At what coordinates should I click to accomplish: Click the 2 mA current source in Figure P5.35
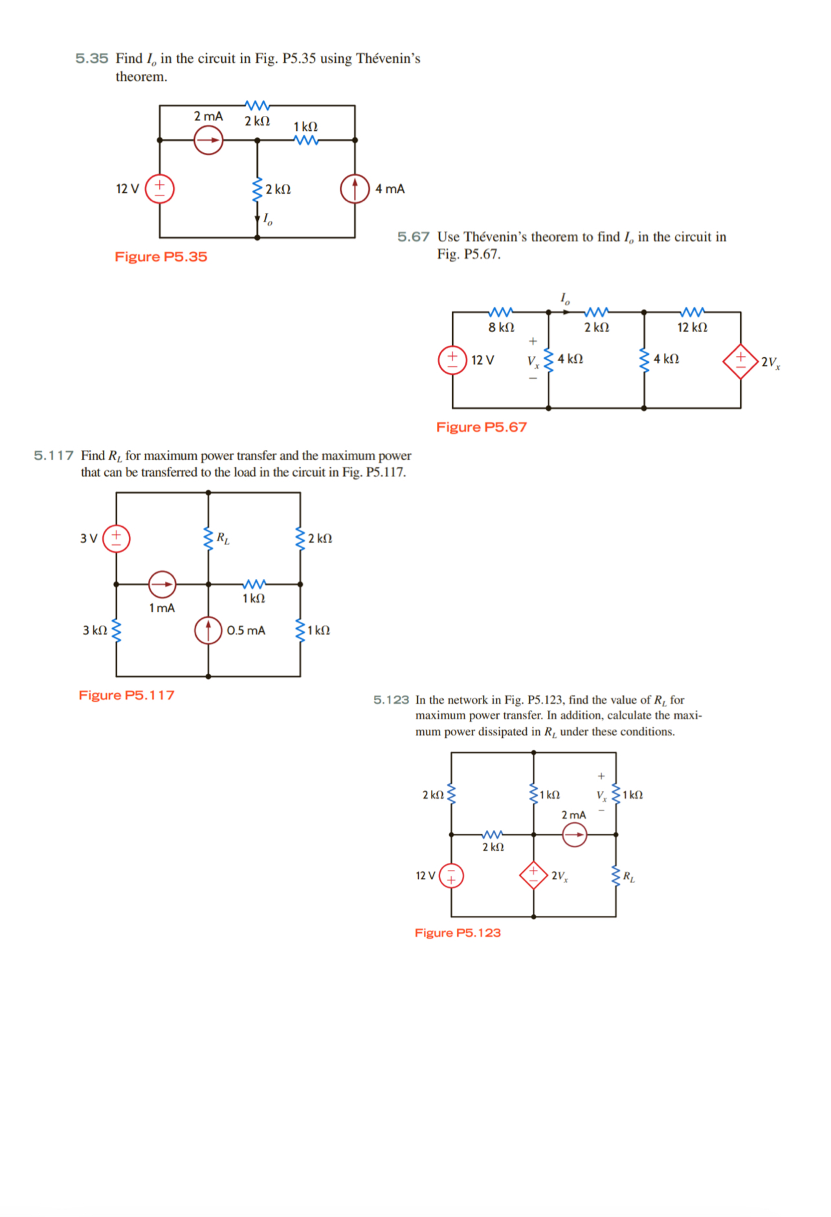[x=208, y=140]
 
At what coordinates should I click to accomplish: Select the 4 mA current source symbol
[x=355, y=188]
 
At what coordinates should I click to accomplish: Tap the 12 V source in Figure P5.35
[x=160, y=188]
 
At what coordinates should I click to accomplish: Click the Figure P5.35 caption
[x=161, y=257]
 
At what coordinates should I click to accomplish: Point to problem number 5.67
[x=413, y=237]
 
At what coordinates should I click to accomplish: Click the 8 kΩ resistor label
[x=501, y=328]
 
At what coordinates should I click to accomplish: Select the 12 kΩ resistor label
[x=692, y=328]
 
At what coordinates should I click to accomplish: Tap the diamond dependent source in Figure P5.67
[x=740, y=361]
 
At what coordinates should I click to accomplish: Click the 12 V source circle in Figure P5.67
[x=452, y=360]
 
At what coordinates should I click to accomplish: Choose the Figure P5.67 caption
[x=481, y=427]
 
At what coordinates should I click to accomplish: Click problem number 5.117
[x=54, y=456]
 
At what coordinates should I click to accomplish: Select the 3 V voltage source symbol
[x=116, y=538]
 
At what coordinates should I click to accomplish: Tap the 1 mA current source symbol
[x=162, y=584]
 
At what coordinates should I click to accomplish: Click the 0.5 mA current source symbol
[x=208, y=630]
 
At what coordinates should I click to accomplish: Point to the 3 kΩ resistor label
[x=94, y=631]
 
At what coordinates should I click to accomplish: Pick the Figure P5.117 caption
[x=126, y=695]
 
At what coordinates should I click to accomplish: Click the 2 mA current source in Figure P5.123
[x=574, y=834]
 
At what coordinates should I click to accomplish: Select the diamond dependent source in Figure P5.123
[x=533, y=875]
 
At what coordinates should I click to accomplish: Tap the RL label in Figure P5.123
[x=628, y=877]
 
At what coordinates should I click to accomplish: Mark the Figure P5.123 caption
[x=458, y=933]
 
